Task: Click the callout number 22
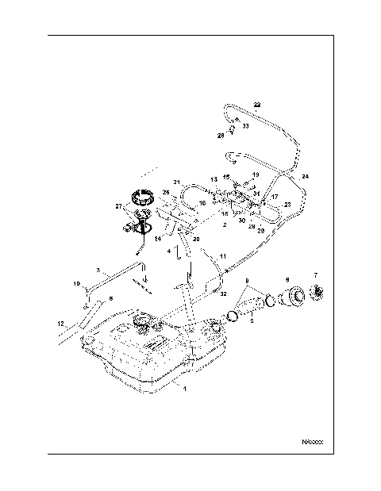(x=256, y=105)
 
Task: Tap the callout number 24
(x=306, y=175)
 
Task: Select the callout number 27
(x=120, y=206)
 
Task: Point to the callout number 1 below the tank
(x=184, y=389)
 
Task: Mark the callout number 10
(x=77, y=283)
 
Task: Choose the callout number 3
(x=97, y=269)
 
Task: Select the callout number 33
(x=245, y=125)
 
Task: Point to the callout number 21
(x=178, y=182)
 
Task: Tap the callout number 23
(x=287, y=205)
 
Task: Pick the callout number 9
(x=247, y=281)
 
